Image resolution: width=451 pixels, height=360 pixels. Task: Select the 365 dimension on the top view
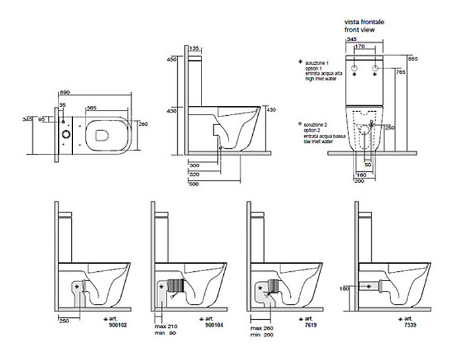(93, 107)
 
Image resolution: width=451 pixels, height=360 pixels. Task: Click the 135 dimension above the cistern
(194, 49)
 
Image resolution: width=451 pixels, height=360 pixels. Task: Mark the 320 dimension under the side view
(194, 175)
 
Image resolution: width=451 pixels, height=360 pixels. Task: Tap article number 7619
(309, 323)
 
